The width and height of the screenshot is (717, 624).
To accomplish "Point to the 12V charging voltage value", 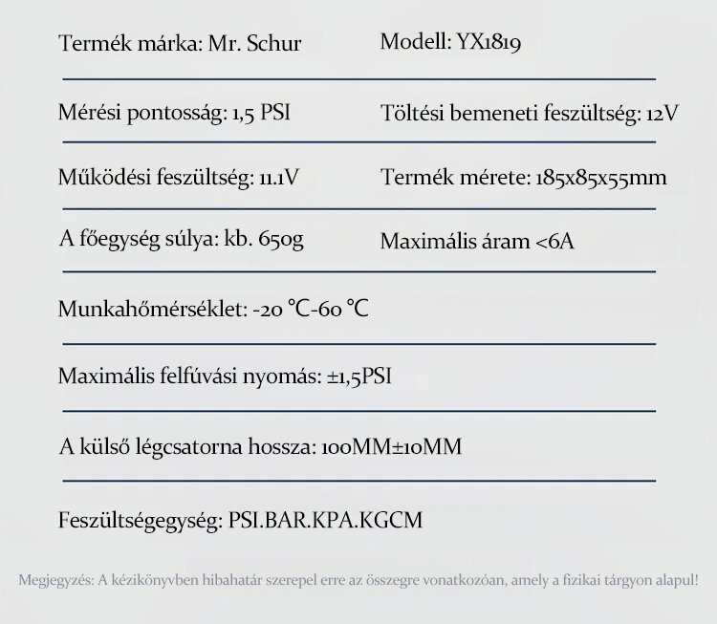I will click(x=663, y=114).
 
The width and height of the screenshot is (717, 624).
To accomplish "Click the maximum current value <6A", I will click(x=555, y=241).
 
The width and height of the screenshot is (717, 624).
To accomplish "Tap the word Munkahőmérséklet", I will click(x=152, y=311).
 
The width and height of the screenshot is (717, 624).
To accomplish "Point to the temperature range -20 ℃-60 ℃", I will click(x=311, y=311).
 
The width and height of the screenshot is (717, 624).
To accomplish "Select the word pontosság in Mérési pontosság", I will click(x=178, y=114).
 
